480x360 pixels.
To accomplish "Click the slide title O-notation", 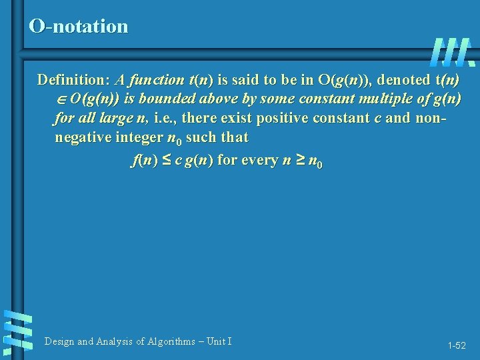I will (79, 27).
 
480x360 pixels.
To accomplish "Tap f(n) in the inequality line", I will (143, 161).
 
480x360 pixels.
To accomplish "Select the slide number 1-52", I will (457, 345).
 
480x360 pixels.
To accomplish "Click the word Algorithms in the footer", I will (166, 342).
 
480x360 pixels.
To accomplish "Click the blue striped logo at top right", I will (452, 52).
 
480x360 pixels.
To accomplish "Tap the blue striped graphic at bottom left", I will (17, 331).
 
